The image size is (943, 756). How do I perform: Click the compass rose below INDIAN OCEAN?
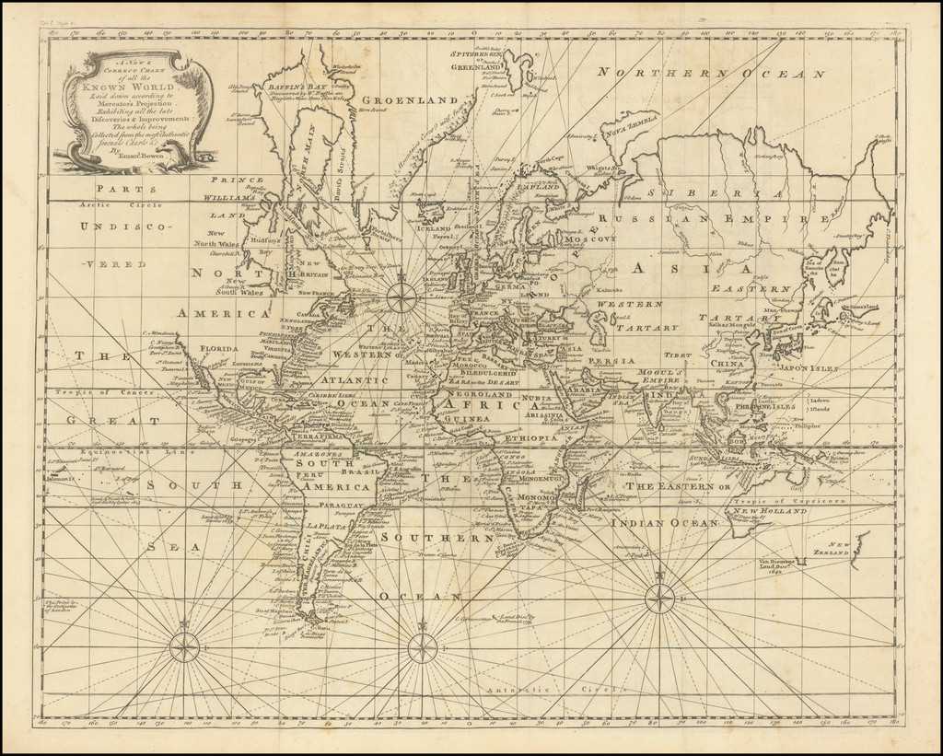pyautogui.click(x=659, y=599)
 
